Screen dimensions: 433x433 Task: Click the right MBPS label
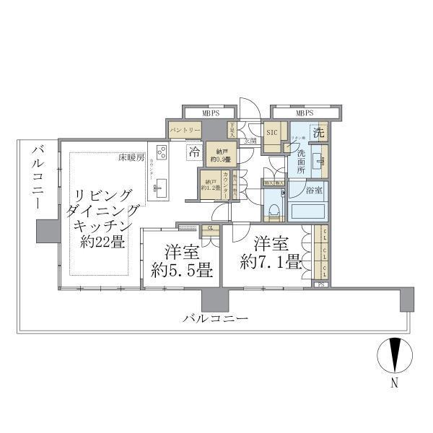point(305,113)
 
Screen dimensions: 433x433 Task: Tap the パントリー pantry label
point(185,131)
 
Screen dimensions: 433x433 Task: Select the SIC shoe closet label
point(272,133)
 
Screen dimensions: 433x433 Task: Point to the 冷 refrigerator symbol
point(194,152)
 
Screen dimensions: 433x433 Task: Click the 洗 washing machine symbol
point(318,133)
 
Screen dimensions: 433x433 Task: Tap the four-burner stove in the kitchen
point(162,153)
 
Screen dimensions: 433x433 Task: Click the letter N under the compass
point(394,384)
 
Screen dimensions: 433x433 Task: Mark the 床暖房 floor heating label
point(132,157)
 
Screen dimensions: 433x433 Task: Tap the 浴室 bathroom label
point(314,191)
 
